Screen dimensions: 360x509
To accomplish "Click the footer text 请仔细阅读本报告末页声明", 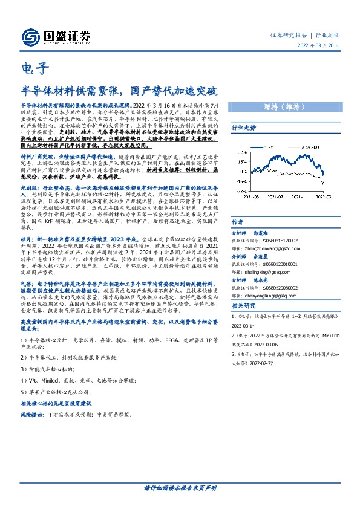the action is [x=180, y=488].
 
